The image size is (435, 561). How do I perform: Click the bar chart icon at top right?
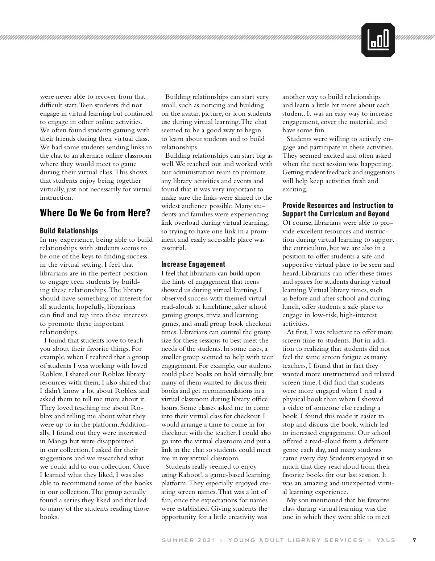(x=378, y=40)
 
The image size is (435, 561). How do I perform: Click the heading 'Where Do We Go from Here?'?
(x=95, y=213)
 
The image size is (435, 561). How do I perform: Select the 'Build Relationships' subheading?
(x=69, y=231)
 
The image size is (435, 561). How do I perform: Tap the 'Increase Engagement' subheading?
(x=193, y=264)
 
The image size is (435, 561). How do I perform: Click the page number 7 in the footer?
(x=414, y=540)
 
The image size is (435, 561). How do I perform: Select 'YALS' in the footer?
(x=386, y=540)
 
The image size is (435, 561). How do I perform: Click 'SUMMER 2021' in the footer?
(x=188, y=540)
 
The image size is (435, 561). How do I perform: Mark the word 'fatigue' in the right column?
(x=343, y=357)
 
